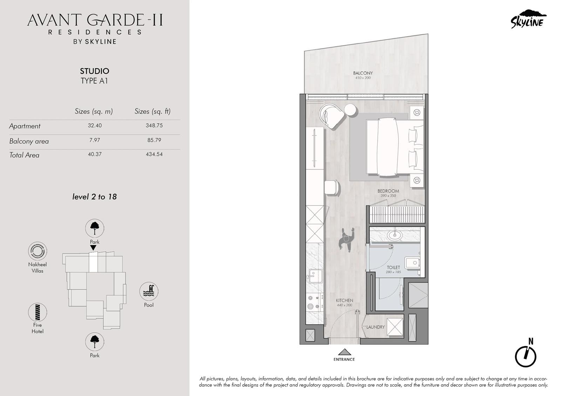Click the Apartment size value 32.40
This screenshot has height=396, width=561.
coord(95,125)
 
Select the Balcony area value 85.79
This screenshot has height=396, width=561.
coord(154,140)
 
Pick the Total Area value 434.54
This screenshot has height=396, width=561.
coord(154,154)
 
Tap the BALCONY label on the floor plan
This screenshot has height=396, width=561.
coord(363,73)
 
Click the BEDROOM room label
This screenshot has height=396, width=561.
coord(388,191)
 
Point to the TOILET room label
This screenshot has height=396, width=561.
coord(393,268)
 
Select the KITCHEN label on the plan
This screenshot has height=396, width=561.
coord(344,300)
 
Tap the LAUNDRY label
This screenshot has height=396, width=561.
coord(376,327)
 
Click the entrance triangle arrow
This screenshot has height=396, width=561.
coord(345,352)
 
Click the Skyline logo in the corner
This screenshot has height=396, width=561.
coord(528,19)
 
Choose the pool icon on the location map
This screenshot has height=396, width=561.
coord(149,291)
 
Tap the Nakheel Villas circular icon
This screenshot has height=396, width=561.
coord(38,251)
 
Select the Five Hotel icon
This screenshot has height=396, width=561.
coord(38,312)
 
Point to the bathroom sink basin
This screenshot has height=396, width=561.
coord(395,235)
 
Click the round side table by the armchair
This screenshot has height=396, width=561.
coord(350,110)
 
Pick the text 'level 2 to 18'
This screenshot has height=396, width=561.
coord(94,197)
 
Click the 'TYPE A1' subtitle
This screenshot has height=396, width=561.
coord(94,81)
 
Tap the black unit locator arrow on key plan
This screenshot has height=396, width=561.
coord(93,248)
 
